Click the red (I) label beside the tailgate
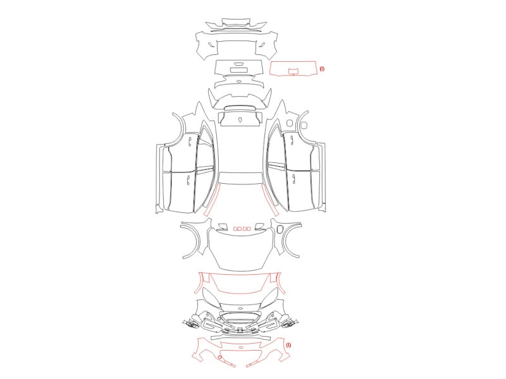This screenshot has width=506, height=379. (x=322, y=69)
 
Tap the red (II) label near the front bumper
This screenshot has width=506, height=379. (x=288, y=345)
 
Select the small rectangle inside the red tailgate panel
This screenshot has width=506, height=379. (x=293, y=71)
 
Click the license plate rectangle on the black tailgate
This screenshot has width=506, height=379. (x=239, y=69)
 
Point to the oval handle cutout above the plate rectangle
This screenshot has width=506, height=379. (x=239, y=64)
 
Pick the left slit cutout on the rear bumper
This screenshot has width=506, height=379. (x=211, y=44)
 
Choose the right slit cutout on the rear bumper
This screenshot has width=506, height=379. (x=262, y=44)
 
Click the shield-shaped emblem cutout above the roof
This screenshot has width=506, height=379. (x=240, y=119)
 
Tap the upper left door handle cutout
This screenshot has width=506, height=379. (x=190, y=140)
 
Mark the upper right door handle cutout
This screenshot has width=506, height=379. (x=292, y=139)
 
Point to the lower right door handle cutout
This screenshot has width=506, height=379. (x=293, y=177)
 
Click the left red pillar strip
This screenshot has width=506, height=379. (x=213, y=200)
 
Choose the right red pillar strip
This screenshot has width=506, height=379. (x=270, y=200)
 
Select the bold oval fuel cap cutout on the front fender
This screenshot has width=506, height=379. (x=280, y=229)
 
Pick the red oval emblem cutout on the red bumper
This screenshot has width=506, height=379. (x=241, y=347)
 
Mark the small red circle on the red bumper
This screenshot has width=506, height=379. (x=219, y=358)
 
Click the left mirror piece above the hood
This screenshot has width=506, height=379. (x=221, y=226)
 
